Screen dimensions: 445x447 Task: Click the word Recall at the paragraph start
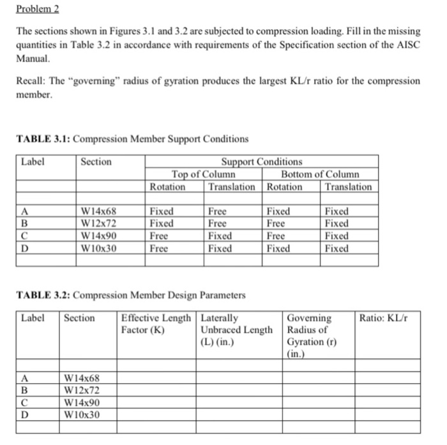[29, 81]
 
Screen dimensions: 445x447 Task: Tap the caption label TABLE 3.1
[43, 139]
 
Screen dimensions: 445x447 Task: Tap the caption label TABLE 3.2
[43, 296]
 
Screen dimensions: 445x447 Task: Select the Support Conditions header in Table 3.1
[261, 162]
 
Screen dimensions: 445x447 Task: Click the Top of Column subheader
[203, 174]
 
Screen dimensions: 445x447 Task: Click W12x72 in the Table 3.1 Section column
[100, 223]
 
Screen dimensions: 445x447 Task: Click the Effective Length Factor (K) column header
[156, 324]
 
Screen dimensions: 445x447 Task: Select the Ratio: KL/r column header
[383, 318]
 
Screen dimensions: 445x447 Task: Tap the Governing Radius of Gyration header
[312, 335]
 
